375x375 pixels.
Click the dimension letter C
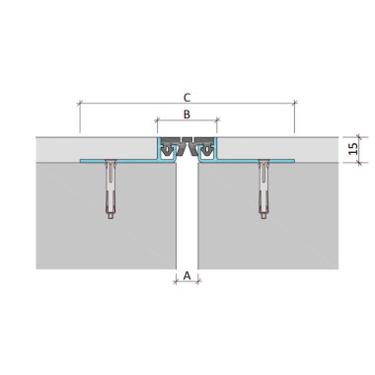pos(187,98)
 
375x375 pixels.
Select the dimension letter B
pos(187,114)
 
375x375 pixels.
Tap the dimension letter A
pos(187,275)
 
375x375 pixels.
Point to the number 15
pos(352,149)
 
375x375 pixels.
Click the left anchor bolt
pos(111,189)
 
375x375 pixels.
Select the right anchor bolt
pos(263,189)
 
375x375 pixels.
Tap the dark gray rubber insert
pos(187,146)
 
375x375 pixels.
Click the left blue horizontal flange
pos(118,161)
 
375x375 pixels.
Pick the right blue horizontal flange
pos(256,161)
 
